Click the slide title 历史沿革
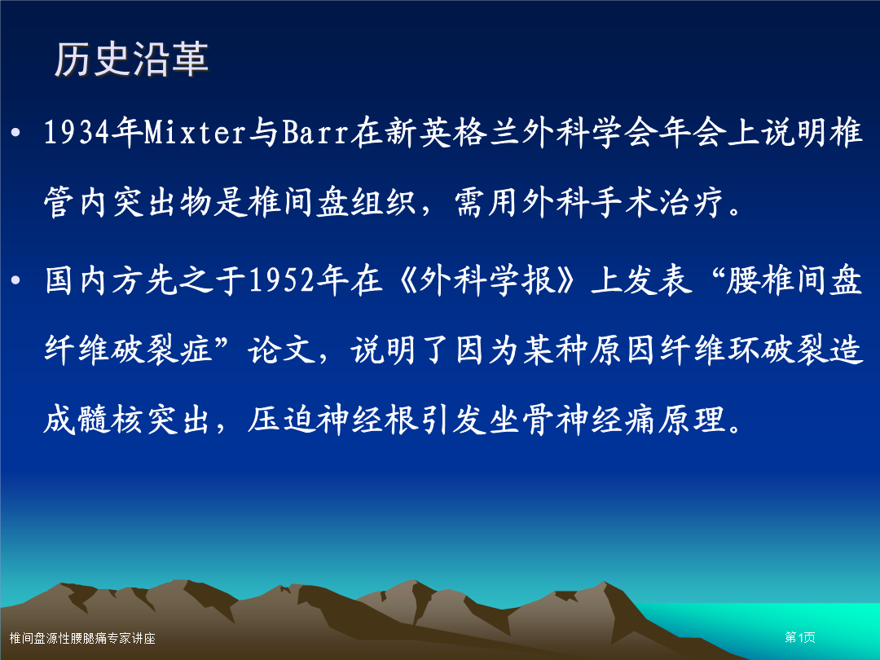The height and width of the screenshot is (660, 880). [x=131, y=59]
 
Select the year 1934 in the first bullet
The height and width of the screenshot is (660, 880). [x=77, y=133]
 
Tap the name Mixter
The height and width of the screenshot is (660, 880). [x=196, y=133]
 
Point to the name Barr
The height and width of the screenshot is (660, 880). [x=315, y=133]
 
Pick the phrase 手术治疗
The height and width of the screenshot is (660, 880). [x=657, y=202]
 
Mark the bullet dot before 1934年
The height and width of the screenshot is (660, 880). [x=15, y=133]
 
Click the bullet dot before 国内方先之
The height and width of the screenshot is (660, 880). [x=15, y=280]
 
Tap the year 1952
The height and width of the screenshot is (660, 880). [x=282, y=280]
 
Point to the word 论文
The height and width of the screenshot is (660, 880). [x=282, y=349]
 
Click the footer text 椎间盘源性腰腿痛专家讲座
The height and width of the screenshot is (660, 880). [x=82, y=638]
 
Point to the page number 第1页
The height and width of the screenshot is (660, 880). [x=800, y=637]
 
